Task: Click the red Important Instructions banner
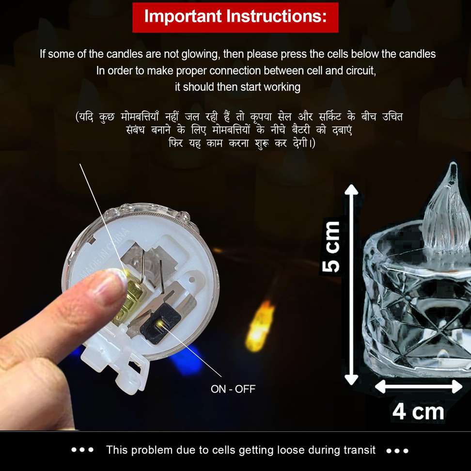(x=235, y=17)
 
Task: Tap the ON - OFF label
(x=233, y=389)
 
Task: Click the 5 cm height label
(x=333, y=247)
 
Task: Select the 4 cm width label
(x=418, y=412)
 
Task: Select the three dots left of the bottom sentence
(x=82, y=450)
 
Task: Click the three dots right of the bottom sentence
(x=397, y=450)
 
